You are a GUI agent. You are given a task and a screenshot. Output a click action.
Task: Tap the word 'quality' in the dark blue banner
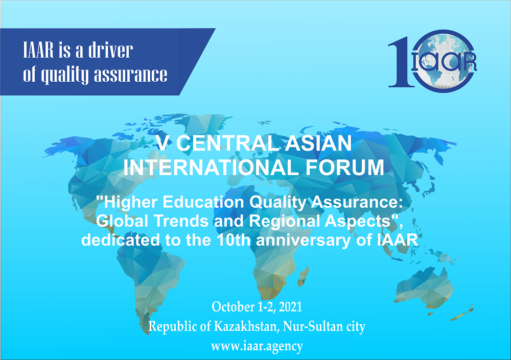tap(64, 75)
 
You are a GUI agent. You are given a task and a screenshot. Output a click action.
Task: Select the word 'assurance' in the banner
tap(131, 75)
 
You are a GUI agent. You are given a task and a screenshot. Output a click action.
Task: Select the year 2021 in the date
tap(291, 307)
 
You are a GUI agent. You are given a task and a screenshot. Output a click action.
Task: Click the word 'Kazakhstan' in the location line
tap(246, 326)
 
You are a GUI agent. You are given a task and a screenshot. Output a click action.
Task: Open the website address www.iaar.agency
tap(257, 346)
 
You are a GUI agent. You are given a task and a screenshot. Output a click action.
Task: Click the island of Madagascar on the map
tap(304, 276)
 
